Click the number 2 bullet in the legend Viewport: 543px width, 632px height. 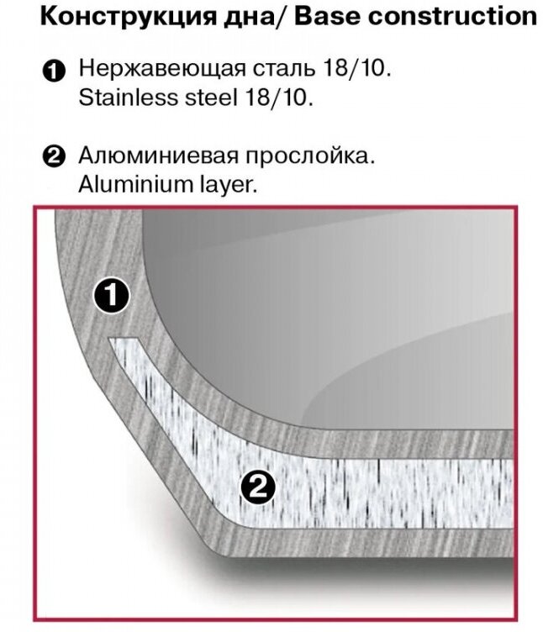coord(53,158)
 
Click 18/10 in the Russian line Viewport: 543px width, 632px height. coord(361,70)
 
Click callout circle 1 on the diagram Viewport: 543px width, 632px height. coord(111,297)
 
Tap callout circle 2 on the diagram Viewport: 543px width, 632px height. coord(258,487)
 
